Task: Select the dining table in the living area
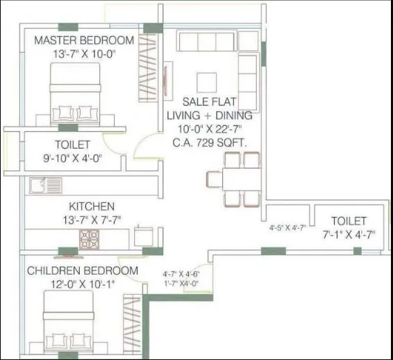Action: point(233,179)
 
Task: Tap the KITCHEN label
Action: point(91,206)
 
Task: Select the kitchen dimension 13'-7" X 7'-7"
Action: point(91,220)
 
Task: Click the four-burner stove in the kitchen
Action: point(90,239)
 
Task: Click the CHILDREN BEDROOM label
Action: point(83,270)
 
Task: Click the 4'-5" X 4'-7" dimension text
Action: point(287,227)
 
